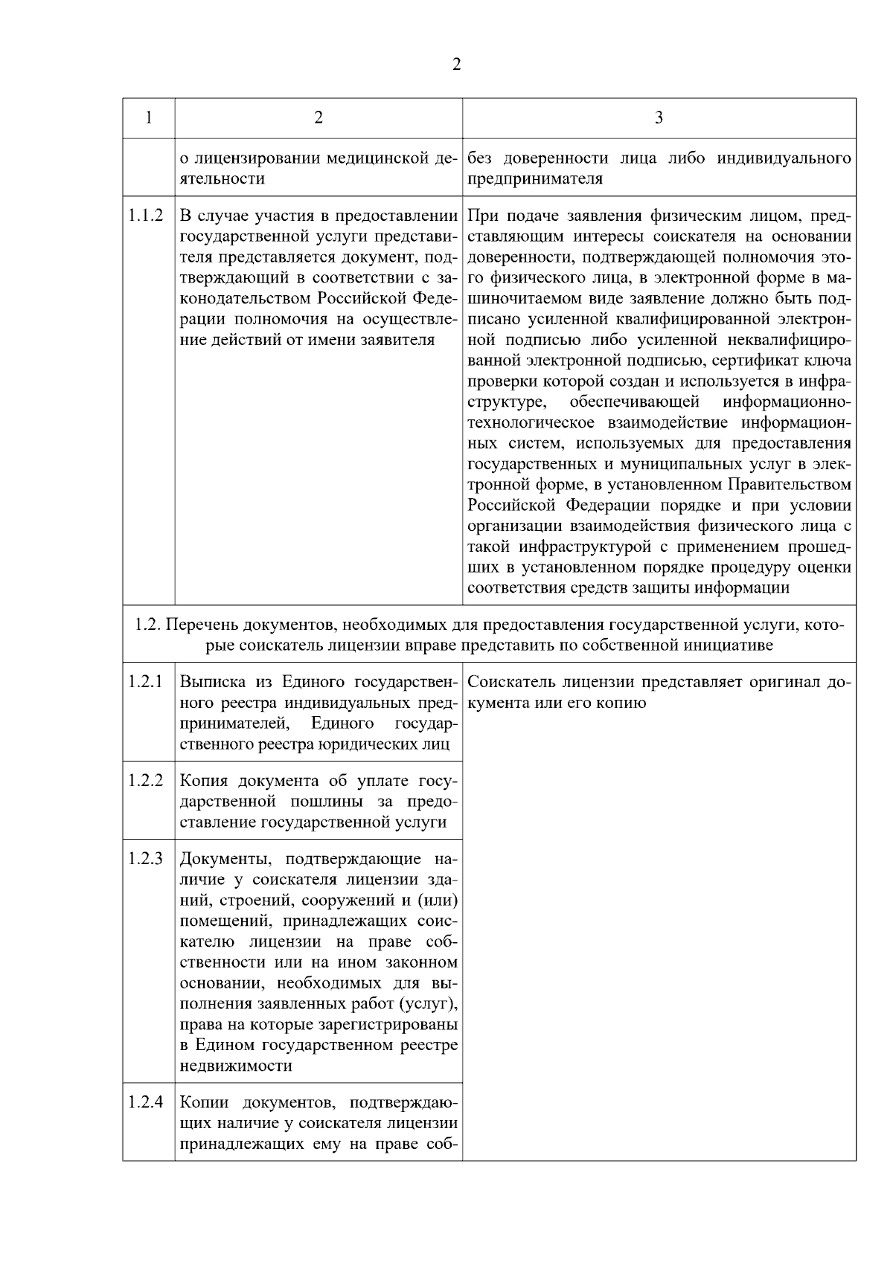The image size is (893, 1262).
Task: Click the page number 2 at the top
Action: coord(456,65)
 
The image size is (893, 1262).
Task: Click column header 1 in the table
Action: coord(149,117)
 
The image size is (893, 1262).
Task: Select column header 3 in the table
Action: coord(659,117)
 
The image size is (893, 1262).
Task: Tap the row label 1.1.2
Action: coord(145,216)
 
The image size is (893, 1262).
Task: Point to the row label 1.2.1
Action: coord(145,681)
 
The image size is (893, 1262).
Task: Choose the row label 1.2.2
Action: coord(145,780)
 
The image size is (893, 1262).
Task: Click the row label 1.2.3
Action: coord(145,859)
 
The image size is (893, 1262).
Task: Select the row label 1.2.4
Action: coord(145,1102)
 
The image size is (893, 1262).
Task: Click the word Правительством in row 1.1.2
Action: coord(789,485)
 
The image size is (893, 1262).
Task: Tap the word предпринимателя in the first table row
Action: coord(534,179)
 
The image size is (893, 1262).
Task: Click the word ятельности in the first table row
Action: coord(222,179)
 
